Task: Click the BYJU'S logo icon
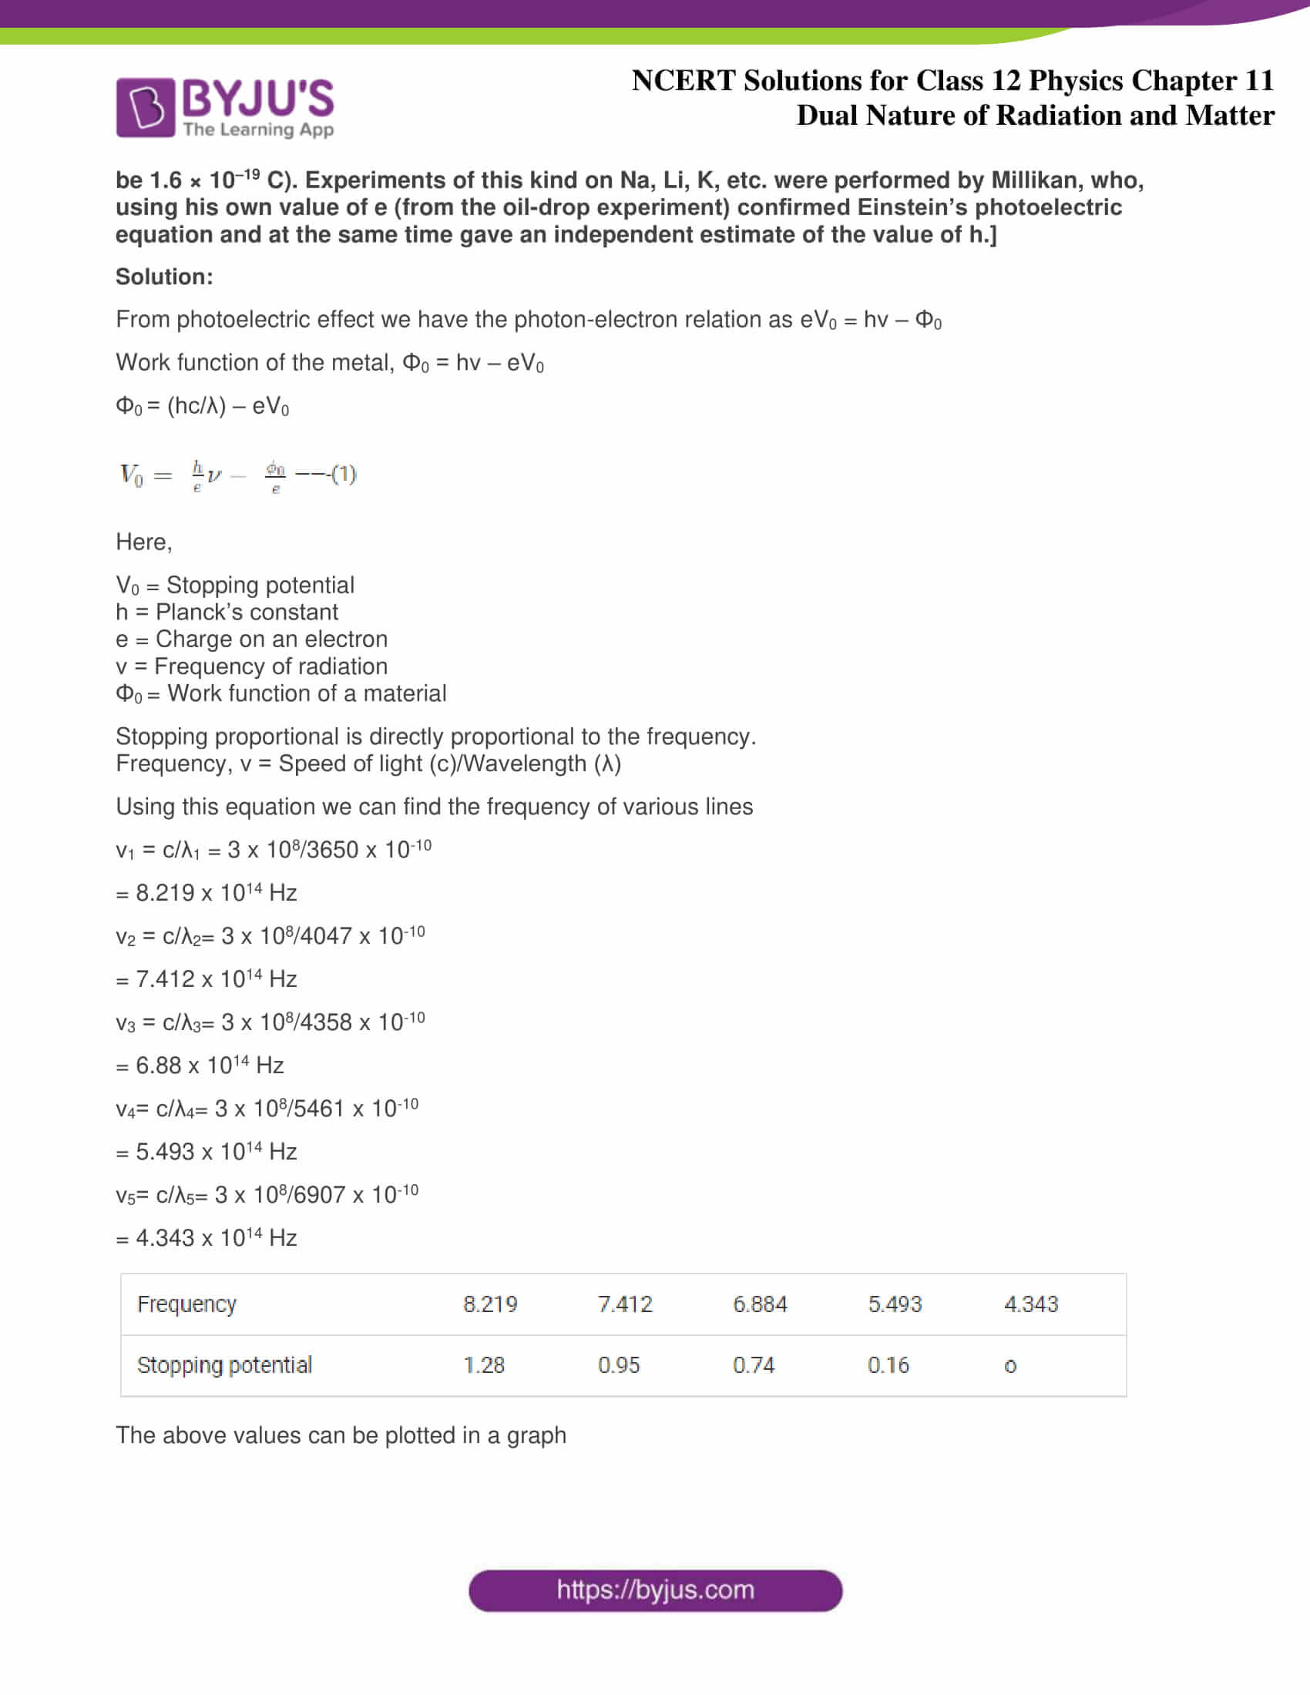click(x=145, y=108)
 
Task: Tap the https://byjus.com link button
click(x=655, y=1590)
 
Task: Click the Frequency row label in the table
click(x=186, y=1304)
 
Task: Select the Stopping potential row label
click(x=224, y=1365)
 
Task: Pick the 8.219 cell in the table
click(x=489, y=1304)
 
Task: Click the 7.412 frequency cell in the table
click(x=625, y=1304)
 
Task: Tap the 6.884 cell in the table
click(x=760, y=1304)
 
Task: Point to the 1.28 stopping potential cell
click(x=483, y=1365)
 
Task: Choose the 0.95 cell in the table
click(x=619, y=1365)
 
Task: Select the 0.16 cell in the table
click(x=888, y=1365)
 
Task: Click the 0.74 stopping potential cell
click(x=754, y=1365)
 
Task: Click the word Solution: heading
click(x=163, y=277)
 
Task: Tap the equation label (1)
click(x=344, y=473)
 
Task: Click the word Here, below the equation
click(x=143, y=542)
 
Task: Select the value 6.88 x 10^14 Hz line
click(x=200, y=1066)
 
